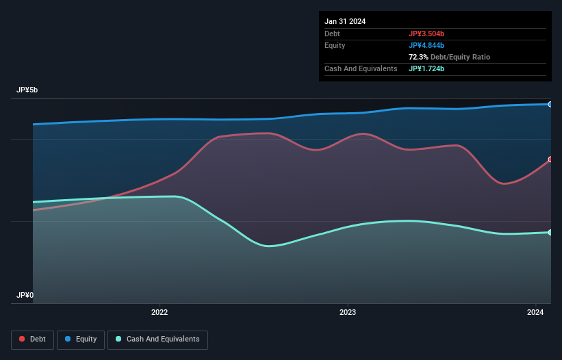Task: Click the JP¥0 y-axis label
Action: [x=25, y=296]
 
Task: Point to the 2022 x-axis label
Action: [x=159, y=313]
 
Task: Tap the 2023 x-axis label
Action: [x=348, y=313]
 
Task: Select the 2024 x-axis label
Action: [x=536, y=313]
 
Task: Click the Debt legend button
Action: [x=32, y=339]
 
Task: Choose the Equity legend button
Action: [x=81, y=339]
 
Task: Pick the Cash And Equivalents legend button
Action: [x=157, y=339]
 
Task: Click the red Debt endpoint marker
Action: [x=550, y=159]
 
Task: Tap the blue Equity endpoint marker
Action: [x=550, y=104]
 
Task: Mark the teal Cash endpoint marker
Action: [x=550, y=233]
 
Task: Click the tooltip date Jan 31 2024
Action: [x=345, y=21]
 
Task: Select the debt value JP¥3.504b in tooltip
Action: [x=431, y=34]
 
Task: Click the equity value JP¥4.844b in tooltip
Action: [x=431, y=45]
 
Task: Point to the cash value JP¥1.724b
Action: [x=431, y=68]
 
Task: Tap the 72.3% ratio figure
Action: [x=420, y=57]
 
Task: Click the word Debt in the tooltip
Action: [x=332, y=34]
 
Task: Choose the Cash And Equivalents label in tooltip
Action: [x=361, y=68]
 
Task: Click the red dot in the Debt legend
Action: [x=23, y=339]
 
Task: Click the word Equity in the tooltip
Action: [x=335, y=45]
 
